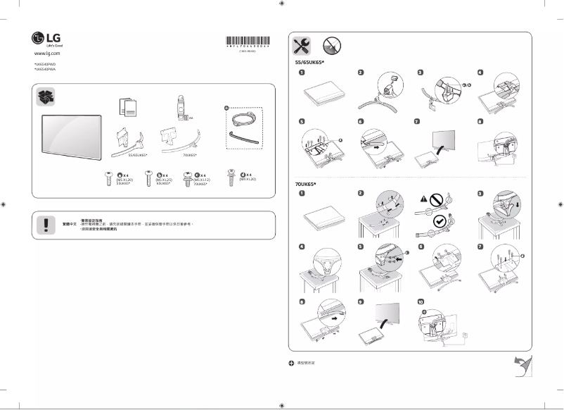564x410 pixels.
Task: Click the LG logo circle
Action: click(x=37, y=38)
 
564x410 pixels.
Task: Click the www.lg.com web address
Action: click(x=47, y=54)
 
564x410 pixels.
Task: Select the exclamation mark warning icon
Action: click(x=46, y=224)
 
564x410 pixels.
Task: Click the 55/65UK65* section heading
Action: click(x=309, y=63)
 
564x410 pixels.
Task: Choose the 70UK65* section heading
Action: click(x=305, y=183)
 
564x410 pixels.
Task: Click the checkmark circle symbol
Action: click(x=440, y=221)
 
